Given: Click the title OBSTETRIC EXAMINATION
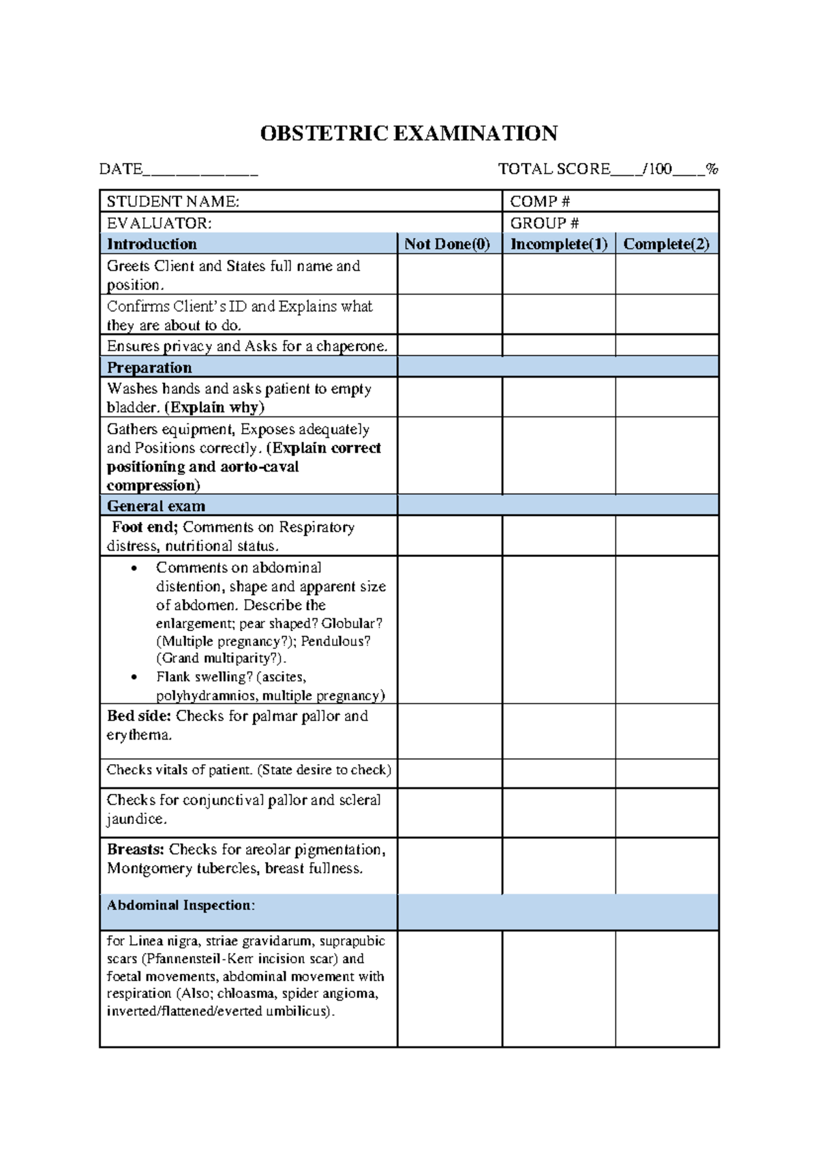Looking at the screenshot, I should click(408, 133).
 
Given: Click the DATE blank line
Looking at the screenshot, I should click(200, 170).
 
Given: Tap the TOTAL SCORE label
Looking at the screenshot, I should click(554, 169).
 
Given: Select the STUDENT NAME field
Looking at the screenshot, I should click(300, 201).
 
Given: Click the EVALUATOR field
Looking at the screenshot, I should click(300, 223).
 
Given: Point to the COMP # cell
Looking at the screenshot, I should click(610, 201).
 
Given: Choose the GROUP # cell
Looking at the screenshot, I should click(610, 223).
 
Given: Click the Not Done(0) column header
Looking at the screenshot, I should click(448, 244).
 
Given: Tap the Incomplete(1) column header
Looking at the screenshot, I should click(558, 244).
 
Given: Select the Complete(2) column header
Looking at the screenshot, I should click(666, 244).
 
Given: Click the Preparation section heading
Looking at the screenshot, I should click(149, 367).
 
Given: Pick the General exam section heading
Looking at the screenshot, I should click(155, 506).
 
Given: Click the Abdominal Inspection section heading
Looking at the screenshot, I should click(181, 905).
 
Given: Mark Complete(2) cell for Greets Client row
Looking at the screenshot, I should click(666, 275).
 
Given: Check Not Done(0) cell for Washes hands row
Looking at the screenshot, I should click(449, 397).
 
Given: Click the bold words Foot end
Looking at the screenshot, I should click(145, 527).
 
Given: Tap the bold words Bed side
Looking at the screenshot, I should click(139, 716).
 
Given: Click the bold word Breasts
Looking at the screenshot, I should click(136, 849).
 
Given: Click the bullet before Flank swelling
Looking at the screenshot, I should click(134, 678).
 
